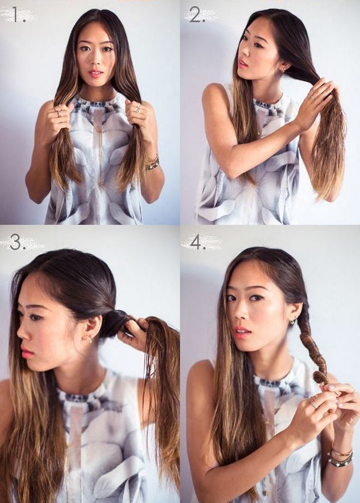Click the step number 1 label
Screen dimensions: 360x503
pos(20,15)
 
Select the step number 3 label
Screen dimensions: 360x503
pos(18,242)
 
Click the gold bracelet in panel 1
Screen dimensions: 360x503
pos(152,163)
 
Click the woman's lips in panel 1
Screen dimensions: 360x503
pos(96,74)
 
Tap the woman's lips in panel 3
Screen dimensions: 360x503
pos(27,353)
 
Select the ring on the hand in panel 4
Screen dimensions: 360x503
pos(314,403)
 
